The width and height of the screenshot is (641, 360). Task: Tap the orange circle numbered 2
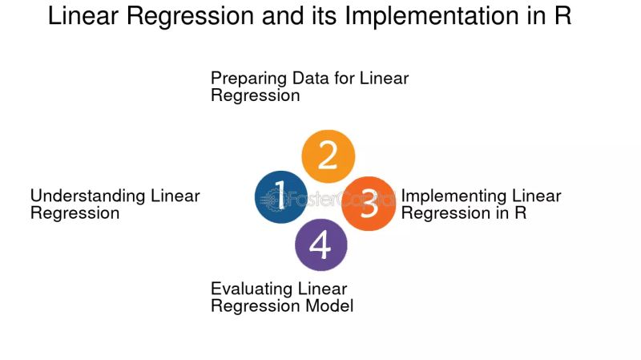pyautogui.click(x=328, y=156)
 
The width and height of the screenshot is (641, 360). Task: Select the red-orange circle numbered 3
pyautogui.click(x=369, y=204)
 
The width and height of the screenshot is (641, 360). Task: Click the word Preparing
pyautogui.click(x=244, y=79)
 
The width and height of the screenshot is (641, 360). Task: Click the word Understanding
pyautogui.click(x=87, y=196)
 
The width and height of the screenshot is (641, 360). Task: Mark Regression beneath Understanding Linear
pyautogui.click(x=75, y=213)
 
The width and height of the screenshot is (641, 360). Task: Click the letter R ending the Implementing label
pyautogui.click(x=520, y=213)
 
